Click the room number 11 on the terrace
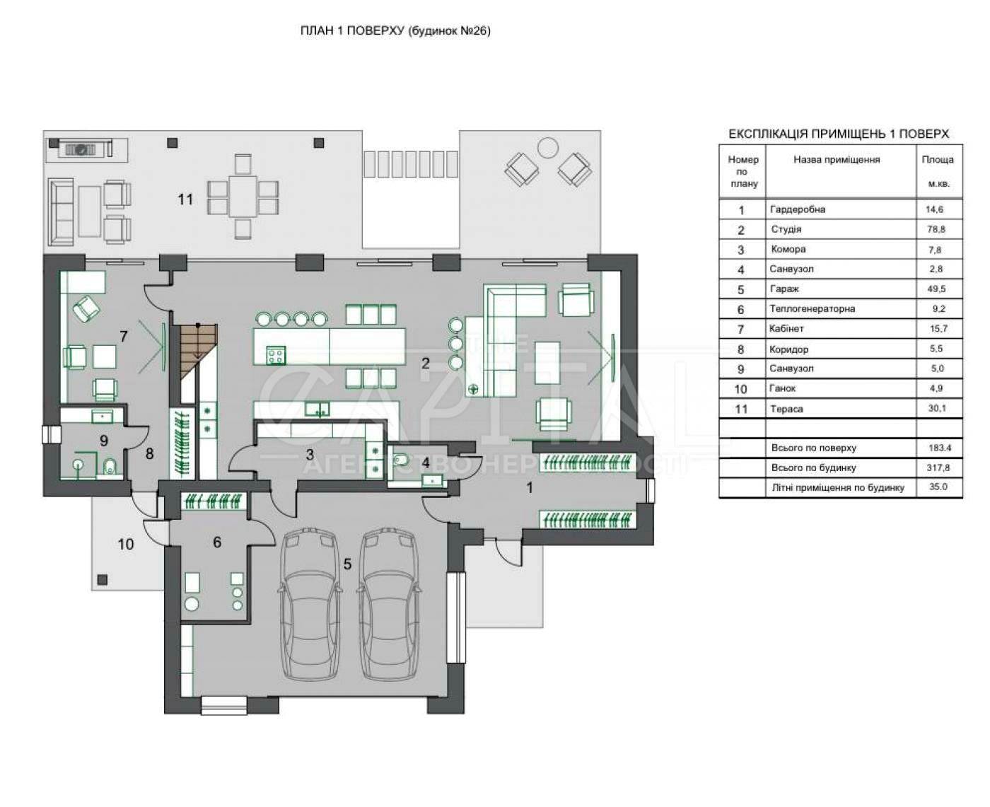pos(185,199)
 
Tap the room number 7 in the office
pos(124,336)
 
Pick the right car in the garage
pos(388,606)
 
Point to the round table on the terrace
pos(547,147)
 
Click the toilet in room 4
pos(400,460)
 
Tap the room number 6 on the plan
pos(217,542)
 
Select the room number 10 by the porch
pos(126,544)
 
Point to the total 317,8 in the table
pos(937,467)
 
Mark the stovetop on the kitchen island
pos(276,353)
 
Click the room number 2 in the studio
pos(426,364)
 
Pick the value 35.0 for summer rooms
pos(937,487)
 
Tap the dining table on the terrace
pos(243,197)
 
